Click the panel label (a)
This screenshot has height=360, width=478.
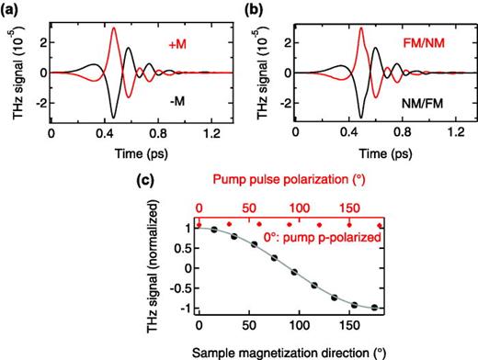pos(13,8)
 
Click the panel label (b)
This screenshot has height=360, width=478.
pos(254,8)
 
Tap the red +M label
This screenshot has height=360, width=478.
pos(180,43)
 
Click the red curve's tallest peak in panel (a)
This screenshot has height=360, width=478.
pos(113,28)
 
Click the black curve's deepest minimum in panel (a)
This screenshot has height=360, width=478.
pos(113,117)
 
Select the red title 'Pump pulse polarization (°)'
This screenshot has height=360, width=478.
pos(290,189)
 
